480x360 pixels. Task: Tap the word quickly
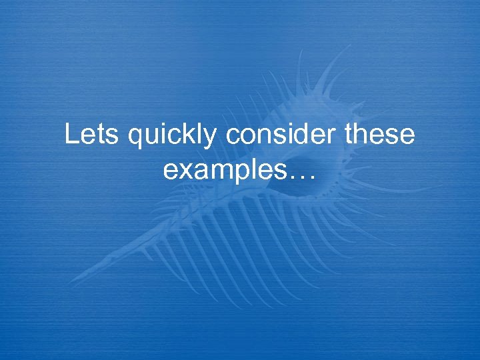173,137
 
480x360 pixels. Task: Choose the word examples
226,171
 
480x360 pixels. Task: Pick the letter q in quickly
135,139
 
